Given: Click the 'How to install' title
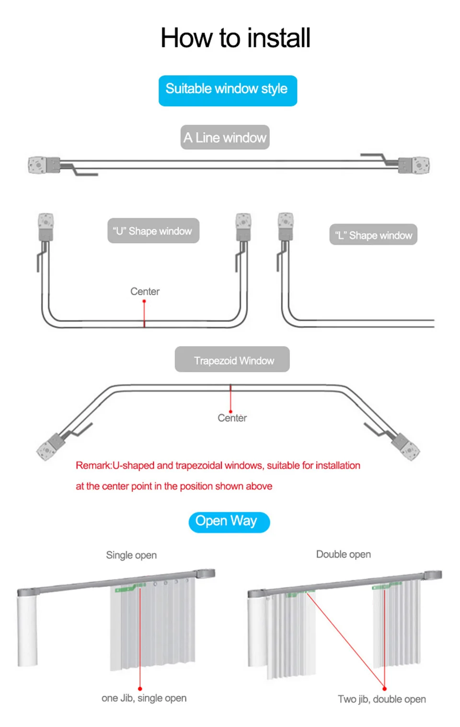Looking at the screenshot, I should tap(235, 38).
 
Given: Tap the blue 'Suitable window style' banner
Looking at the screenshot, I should tap(228, 90).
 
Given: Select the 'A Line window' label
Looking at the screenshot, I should tap(225, 138).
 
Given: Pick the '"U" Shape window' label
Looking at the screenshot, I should tap(153, 231).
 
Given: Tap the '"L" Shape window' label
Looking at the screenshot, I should tap(373, 235).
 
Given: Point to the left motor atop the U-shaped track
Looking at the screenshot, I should tap(46, 227).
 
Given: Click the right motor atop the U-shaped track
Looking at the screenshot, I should tap(243, 227).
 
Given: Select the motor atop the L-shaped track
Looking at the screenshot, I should tap(286, 227).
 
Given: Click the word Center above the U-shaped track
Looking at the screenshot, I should tap(145, 291).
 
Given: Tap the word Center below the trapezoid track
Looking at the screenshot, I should tap(232, 418).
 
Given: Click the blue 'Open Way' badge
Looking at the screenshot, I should tap(229, 521).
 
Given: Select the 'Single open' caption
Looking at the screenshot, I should tap(131, 555).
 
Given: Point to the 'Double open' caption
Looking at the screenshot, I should tap(344, 554).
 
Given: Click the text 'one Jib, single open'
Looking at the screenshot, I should tap(144, 698).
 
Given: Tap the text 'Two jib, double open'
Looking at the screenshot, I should tap(381, 699).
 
